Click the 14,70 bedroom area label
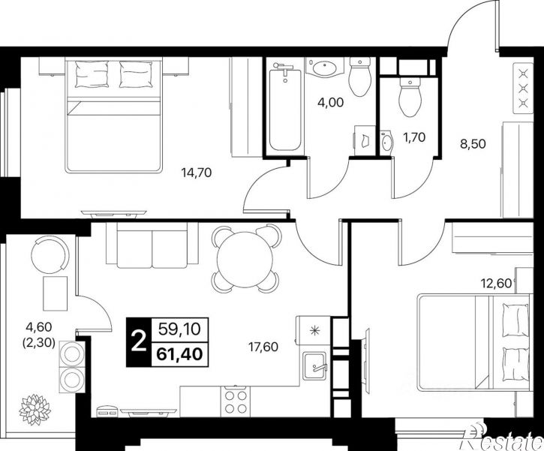coord(197,173)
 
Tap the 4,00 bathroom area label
coord(331,102)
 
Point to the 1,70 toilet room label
coord(414,137)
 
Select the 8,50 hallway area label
coord(473,143)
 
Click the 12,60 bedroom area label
coord(496,284)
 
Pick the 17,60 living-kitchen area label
coord(263,346)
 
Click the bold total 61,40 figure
coord(180,354)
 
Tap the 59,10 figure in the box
coord(180,329)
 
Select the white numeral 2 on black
coord(139,341)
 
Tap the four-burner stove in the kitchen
coord(236,401)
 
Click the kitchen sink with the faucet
coord(314,365)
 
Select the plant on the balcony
coord(35,410)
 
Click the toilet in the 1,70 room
coord(410,97)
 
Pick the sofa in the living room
coord(152,245)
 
